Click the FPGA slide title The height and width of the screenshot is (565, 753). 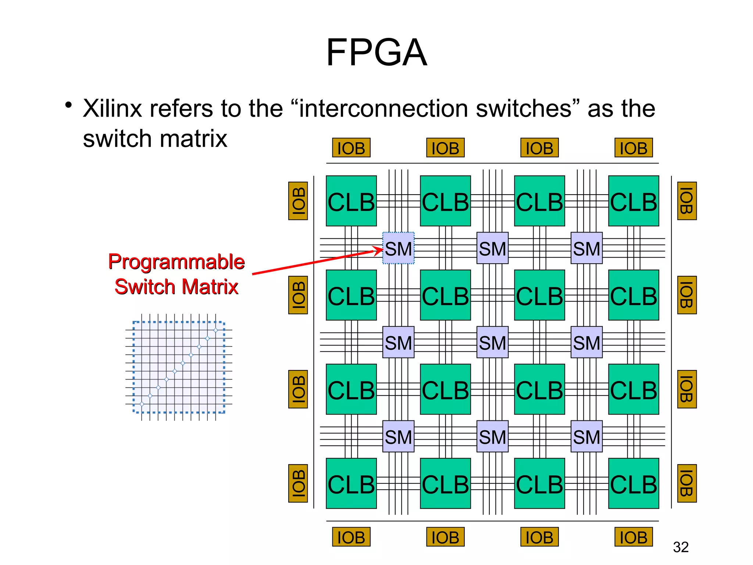(376, 53)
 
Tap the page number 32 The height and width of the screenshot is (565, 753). (681, 547)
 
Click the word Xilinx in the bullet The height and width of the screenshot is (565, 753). (112, 109)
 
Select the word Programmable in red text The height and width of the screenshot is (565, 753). (176, 262)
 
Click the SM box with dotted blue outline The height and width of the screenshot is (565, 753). (398, 248)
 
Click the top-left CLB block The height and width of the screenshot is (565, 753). (351, 201)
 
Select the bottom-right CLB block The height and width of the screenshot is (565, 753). (634, 483)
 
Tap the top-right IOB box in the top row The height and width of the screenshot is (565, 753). (634, 148)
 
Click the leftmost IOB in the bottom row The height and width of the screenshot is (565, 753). (351, 537)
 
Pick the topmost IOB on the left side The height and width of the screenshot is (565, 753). (298, 201)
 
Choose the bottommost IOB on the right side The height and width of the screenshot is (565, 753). (687, 483)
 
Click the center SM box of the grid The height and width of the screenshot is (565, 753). (492, 342)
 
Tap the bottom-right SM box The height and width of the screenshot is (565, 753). (586, 436)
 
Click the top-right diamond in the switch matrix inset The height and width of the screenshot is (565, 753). (216, 330)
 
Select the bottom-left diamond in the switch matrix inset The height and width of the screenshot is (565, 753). (142, 404)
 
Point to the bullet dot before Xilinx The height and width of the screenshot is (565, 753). (68, 106)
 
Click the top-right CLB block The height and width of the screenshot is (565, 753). (634, 201)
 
